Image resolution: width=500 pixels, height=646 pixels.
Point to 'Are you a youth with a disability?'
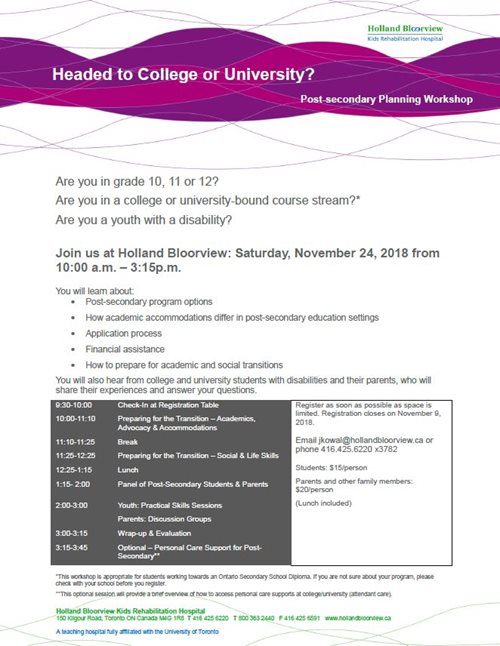tap(159, 218)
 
